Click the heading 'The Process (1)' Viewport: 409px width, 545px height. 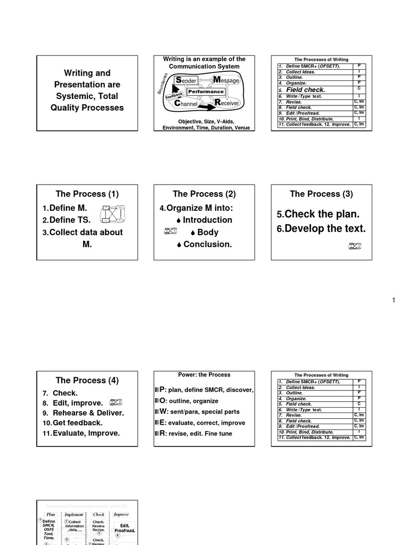[x=87, y=194]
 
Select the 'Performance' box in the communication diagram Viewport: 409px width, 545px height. [x=205, y=92]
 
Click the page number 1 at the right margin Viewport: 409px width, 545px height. [x=394, y=301]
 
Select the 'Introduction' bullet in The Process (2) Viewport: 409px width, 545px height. [x=207, y=220]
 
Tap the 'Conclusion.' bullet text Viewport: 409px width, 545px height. [x=207, y=244]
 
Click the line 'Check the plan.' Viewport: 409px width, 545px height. [x=318, y=214]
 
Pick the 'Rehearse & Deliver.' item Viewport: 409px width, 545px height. [x=88, y=413]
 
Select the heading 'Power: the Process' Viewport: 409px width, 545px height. [x=204, y=375]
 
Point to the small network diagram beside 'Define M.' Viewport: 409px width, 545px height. [x=113, y=213]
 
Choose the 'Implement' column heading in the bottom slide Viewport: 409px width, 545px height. [x=74, y=515]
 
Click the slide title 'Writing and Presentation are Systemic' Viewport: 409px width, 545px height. [x=87, y=90]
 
